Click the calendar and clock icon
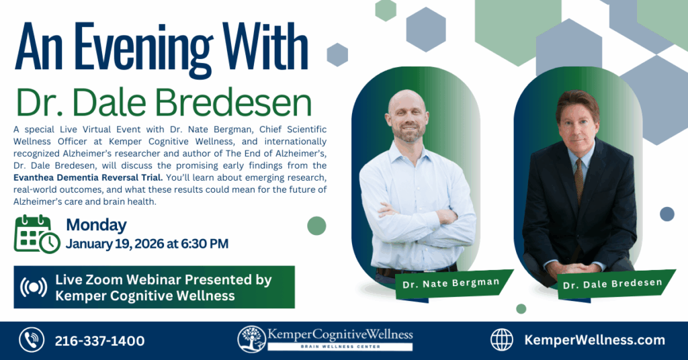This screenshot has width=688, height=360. click(37, 234)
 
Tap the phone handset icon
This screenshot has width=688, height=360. click(32, 341)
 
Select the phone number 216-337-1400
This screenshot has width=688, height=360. click(99, 341)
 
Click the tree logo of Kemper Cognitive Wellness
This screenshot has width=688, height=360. click(251, 339)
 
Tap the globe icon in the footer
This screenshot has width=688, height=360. click(502, 340)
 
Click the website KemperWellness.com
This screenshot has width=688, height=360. click(594, 340)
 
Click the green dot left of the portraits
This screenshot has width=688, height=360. click(316, 226)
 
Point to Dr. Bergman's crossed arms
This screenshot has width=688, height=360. click(417, 218)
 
